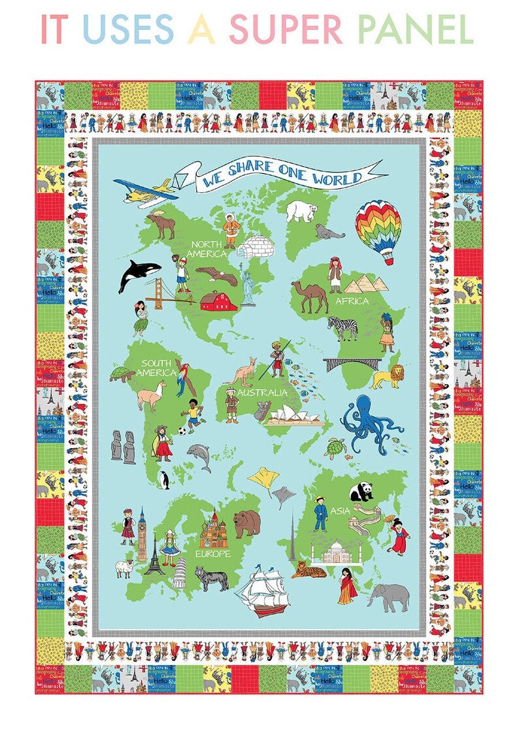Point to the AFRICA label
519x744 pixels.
pyautogui.click(x=352, y=301)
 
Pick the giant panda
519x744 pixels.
pyautogui.click(x=361, y=491)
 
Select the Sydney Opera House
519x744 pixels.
pyautogui.click(x=294, y=414)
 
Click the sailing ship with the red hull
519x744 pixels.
pyautogui.click(x=262, y=590)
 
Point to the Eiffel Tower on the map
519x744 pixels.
pyautogui.click(x=155, y=554)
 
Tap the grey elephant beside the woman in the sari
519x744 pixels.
pyautogui.click(x=388, y=596)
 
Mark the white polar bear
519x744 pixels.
pyautogui.click(x=301, y=210)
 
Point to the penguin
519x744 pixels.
pyautogui.click(x=165, y=480)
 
